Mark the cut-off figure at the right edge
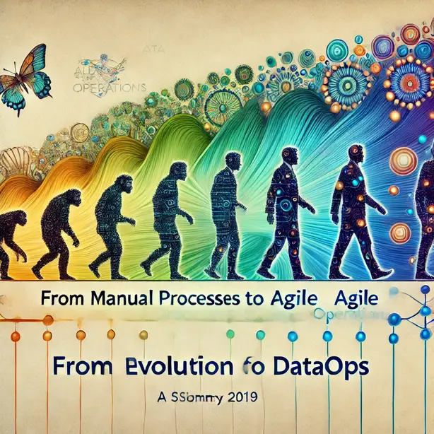click(426, 212)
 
